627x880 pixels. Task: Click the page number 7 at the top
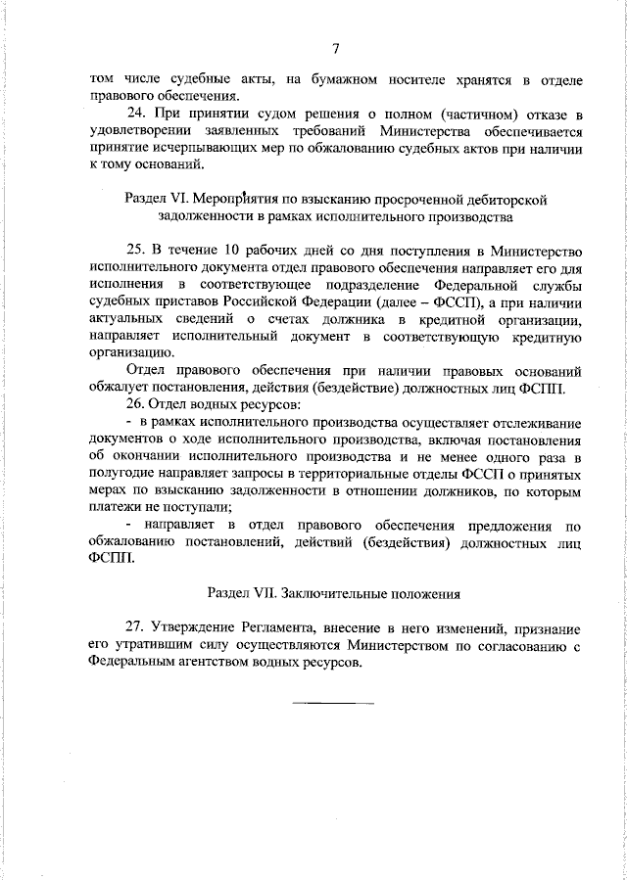click(x=335, y=49)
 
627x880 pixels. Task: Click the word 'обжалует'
click(x=119, y=388)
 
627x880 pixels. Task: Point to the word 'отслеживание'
click(x=535, y=422)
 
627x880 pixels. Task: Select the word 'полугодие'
click(x=121, y=473)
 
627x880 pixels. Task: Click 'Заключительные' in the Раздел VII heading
click(x=330, y=593)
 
